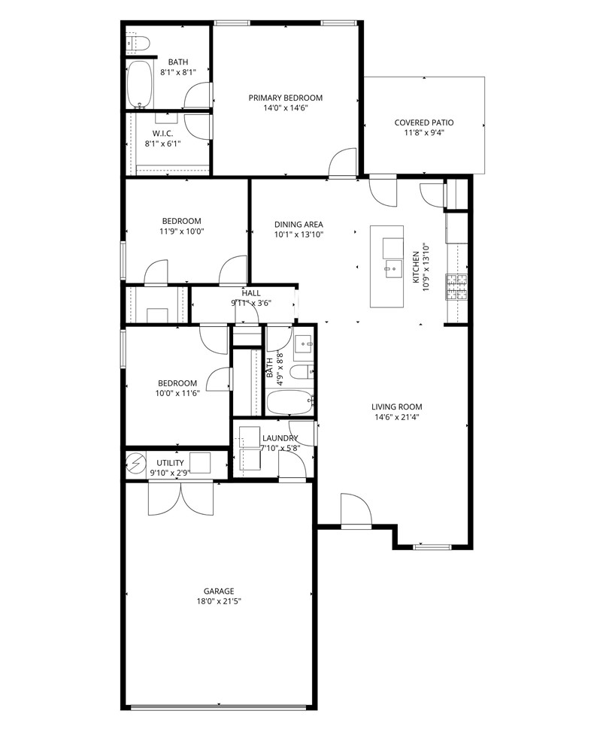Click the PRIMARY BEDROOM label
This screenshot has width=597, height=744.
pyautogui.click(x=286, y=98)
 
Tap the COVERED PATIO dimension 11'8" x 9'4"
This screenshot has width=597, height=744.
pyautogui.click(x=424, y=134)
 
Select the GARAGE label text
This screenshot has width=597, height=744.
pyautogui.click(x=218, y=591)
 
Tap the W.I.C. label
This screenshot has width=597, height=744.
pyautogui.click(x=163, y=133)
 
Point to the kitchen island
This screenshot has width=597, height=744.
pyautogui.click(x=388, y=266)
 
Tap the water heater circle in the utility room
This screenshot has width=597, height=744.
pyautogui.click(x=135, y=464)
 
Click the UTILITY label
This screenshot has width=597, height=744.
pyautogui.click(x=170, y=463)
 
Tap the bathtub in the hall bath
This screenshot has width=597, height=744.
pyautogui.click(x=289, y=403)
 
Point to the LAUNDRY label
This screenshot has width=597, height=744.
pyautogui.click(x=279, y=438)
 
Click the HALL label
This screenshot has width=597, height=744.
pyautogui.click(x=251, y=292)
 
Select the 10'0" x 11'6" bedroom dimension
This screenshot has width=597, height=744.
pyautogui.click(x=177, y=393)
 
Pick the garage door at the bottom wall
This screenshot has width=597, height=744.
pyautogui.click(x=219, y=706)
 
